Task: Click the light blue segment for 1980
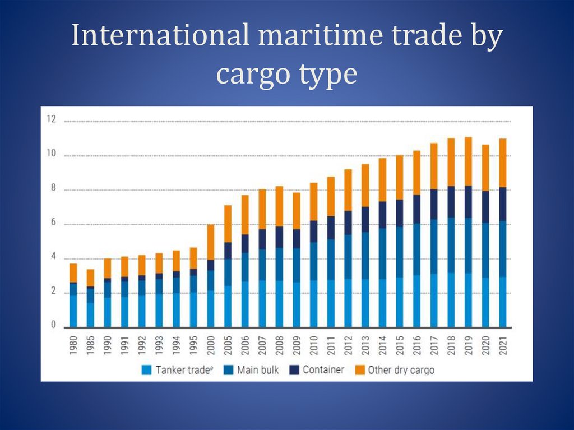tap(73, 311)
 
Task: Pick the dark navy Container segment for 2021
tap(503, 204)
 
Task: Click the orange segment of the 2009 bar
tap(297, 211)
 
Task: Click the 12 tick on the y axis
tap(52, 119)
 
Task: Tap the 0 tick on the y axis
tap(53, 325)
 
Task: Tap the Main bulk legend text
tap(258, 370)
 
